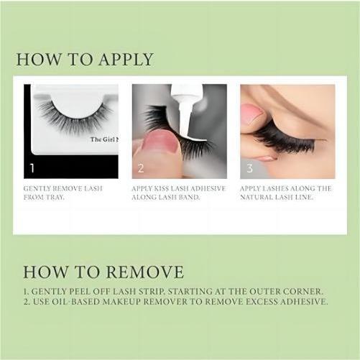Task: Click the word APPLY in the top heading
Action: tap(126, 60)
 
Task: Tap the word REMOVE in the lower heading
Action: tap(144, 272)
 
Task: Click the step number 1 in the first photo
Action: tap(32, 168)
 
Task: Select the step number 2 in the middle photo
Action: tap(141, 168)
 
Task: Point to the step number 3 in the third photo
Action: tap(249, 168)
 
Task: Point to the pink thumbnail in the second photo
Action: tap(162, 143)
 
